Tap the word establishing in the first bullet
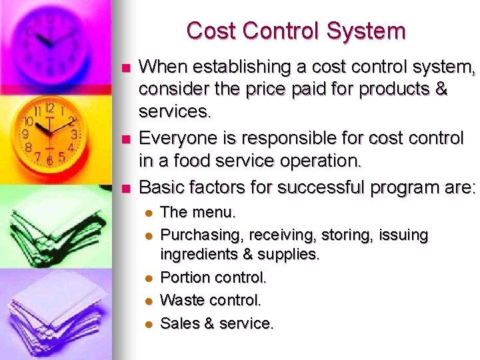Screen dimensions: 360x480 point(232,67)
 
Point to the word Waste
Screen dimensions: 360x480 point(181,301)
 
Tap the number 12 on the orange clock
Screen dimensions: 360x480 point(50,107)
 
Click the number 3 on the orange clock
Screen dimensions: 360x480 point(75,134)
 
